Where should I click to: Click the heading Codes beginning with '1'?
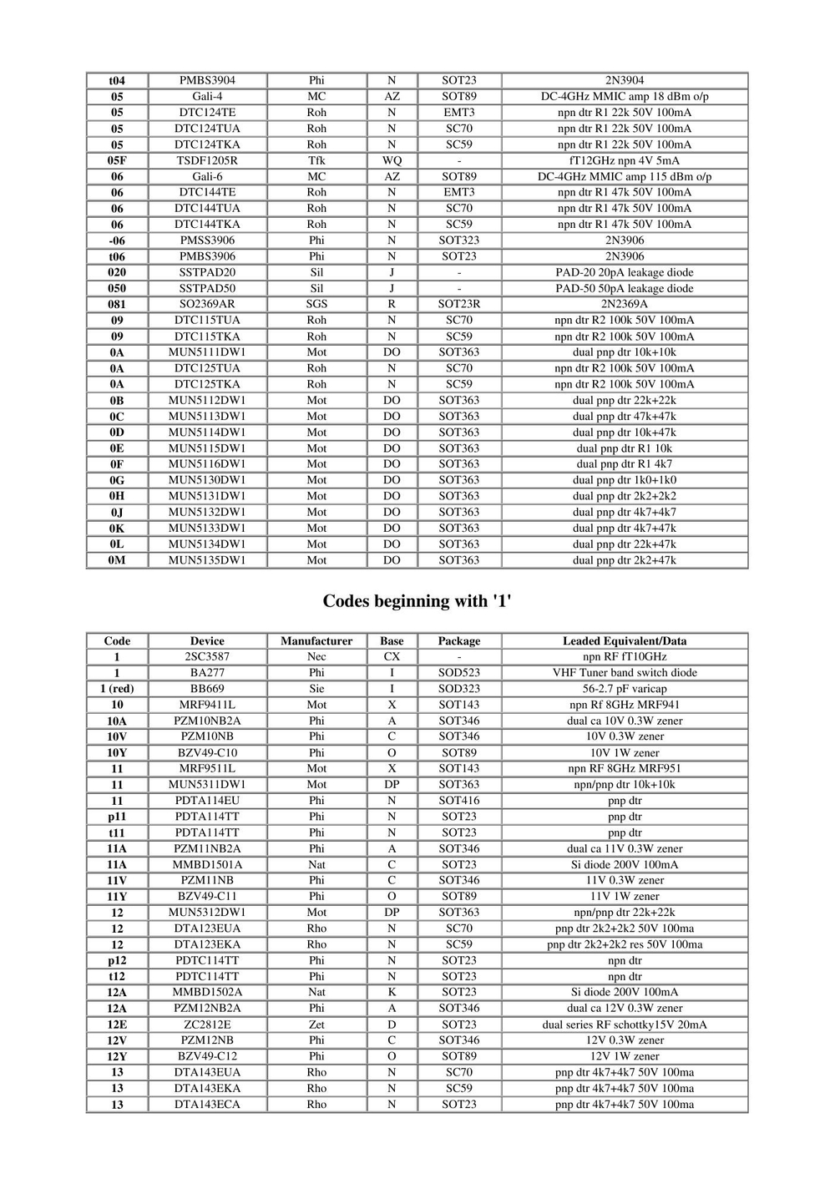[417, 601]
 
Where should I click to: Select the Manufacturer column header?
[316, 641]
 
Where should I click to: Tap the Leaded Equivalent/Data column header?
[625, 641]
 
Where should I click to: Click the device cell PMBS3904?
[207, 80]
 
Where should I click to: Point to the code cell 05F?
[117, 160]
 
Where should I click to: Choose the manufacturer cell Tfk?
[316, 160]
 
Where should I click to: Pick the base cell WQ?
[392, 160]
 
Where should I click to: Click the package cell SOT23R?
[459, 304]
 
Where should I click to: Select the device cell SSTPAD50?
[207, 288]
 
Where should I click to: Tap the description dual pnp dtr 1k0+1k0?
[625, 480]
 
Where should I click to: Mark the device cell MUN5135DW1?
[207, 560]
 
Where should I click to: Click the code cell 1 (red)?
[117, 689]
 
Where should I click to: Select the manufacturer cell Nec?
[316, 657]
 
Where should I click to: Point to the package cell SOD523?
[459, 673]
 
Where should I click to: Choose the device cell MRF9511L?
[207, 768]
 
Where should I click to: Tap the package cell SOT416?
[459, 801]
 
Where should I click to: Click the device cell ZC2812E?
[207, 1025]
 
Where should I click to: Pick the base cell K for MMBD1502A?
[392, 992]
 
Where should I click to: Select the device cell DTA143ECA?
[207, 1104]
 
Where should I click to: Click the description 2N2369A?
[625, 304]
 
